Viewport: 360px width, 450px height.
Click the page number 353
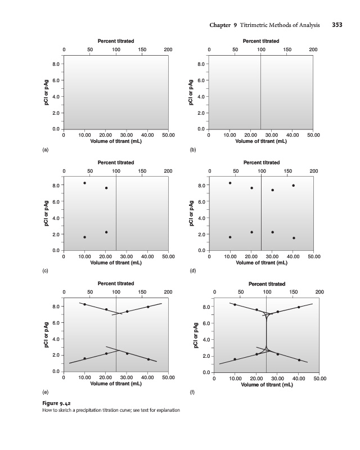click(337, 25)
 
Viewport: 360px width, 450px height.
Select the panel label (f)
click(193, 391)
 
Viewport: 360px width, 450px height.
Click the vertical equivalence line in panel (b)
click(260, 93)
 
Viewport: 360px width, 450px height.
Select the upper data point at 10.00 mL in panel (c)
click(85, 183)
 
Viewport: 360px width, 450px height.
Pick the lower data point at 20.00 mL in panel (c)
click(106, 232)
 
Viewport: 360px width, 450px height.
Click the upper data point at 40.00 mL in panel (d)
click(293, 186)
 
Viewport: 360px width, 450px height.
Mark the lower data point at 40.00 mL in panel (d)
click(293, 238)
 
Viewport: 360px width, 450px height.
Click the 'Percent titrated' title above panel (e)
click(115, 283)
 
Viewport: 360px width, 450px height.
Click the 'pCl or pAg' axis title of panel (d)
click(191, 214)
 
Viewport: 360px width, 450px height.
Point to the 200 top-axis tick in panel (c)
click(168, 170)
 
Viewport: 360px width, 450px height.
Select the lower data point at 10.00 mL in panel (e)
click(85, 358)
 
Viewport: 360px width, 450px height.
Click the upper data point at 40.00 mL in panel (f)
click(299, 307)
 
